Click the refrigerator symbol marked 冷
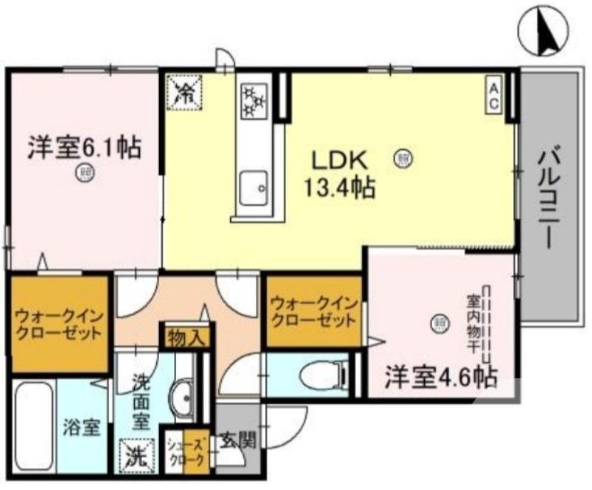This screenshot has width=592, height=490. click(x=183, y=93)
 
